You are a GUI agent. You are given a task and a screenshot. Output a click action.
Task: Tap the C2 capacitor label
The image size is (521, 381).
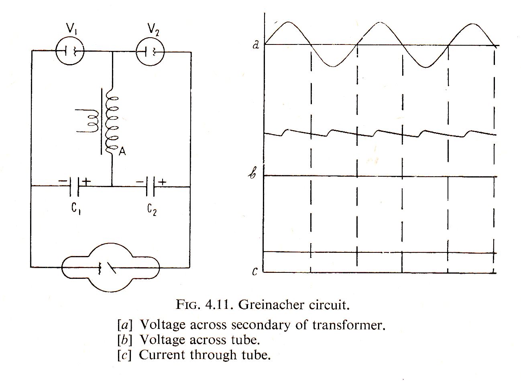point(152,209)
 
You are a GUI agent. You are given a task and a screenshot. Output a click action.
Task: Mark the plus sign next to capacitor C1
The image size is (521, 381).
point(87,182)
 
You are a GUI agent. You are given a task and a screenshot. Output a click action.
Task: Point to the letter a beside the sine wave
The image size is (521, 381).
point(256,44)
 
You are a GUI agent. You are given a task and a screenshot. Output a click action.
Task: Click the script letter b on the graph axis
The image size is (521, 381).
point(253,175)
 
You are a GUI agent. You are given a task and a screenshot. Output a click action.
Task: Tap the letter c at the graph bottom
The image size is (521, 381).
point(254,272)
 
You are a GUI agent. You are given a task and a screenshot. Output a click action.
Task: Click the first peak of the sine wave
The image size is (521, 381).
point(287,23)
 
